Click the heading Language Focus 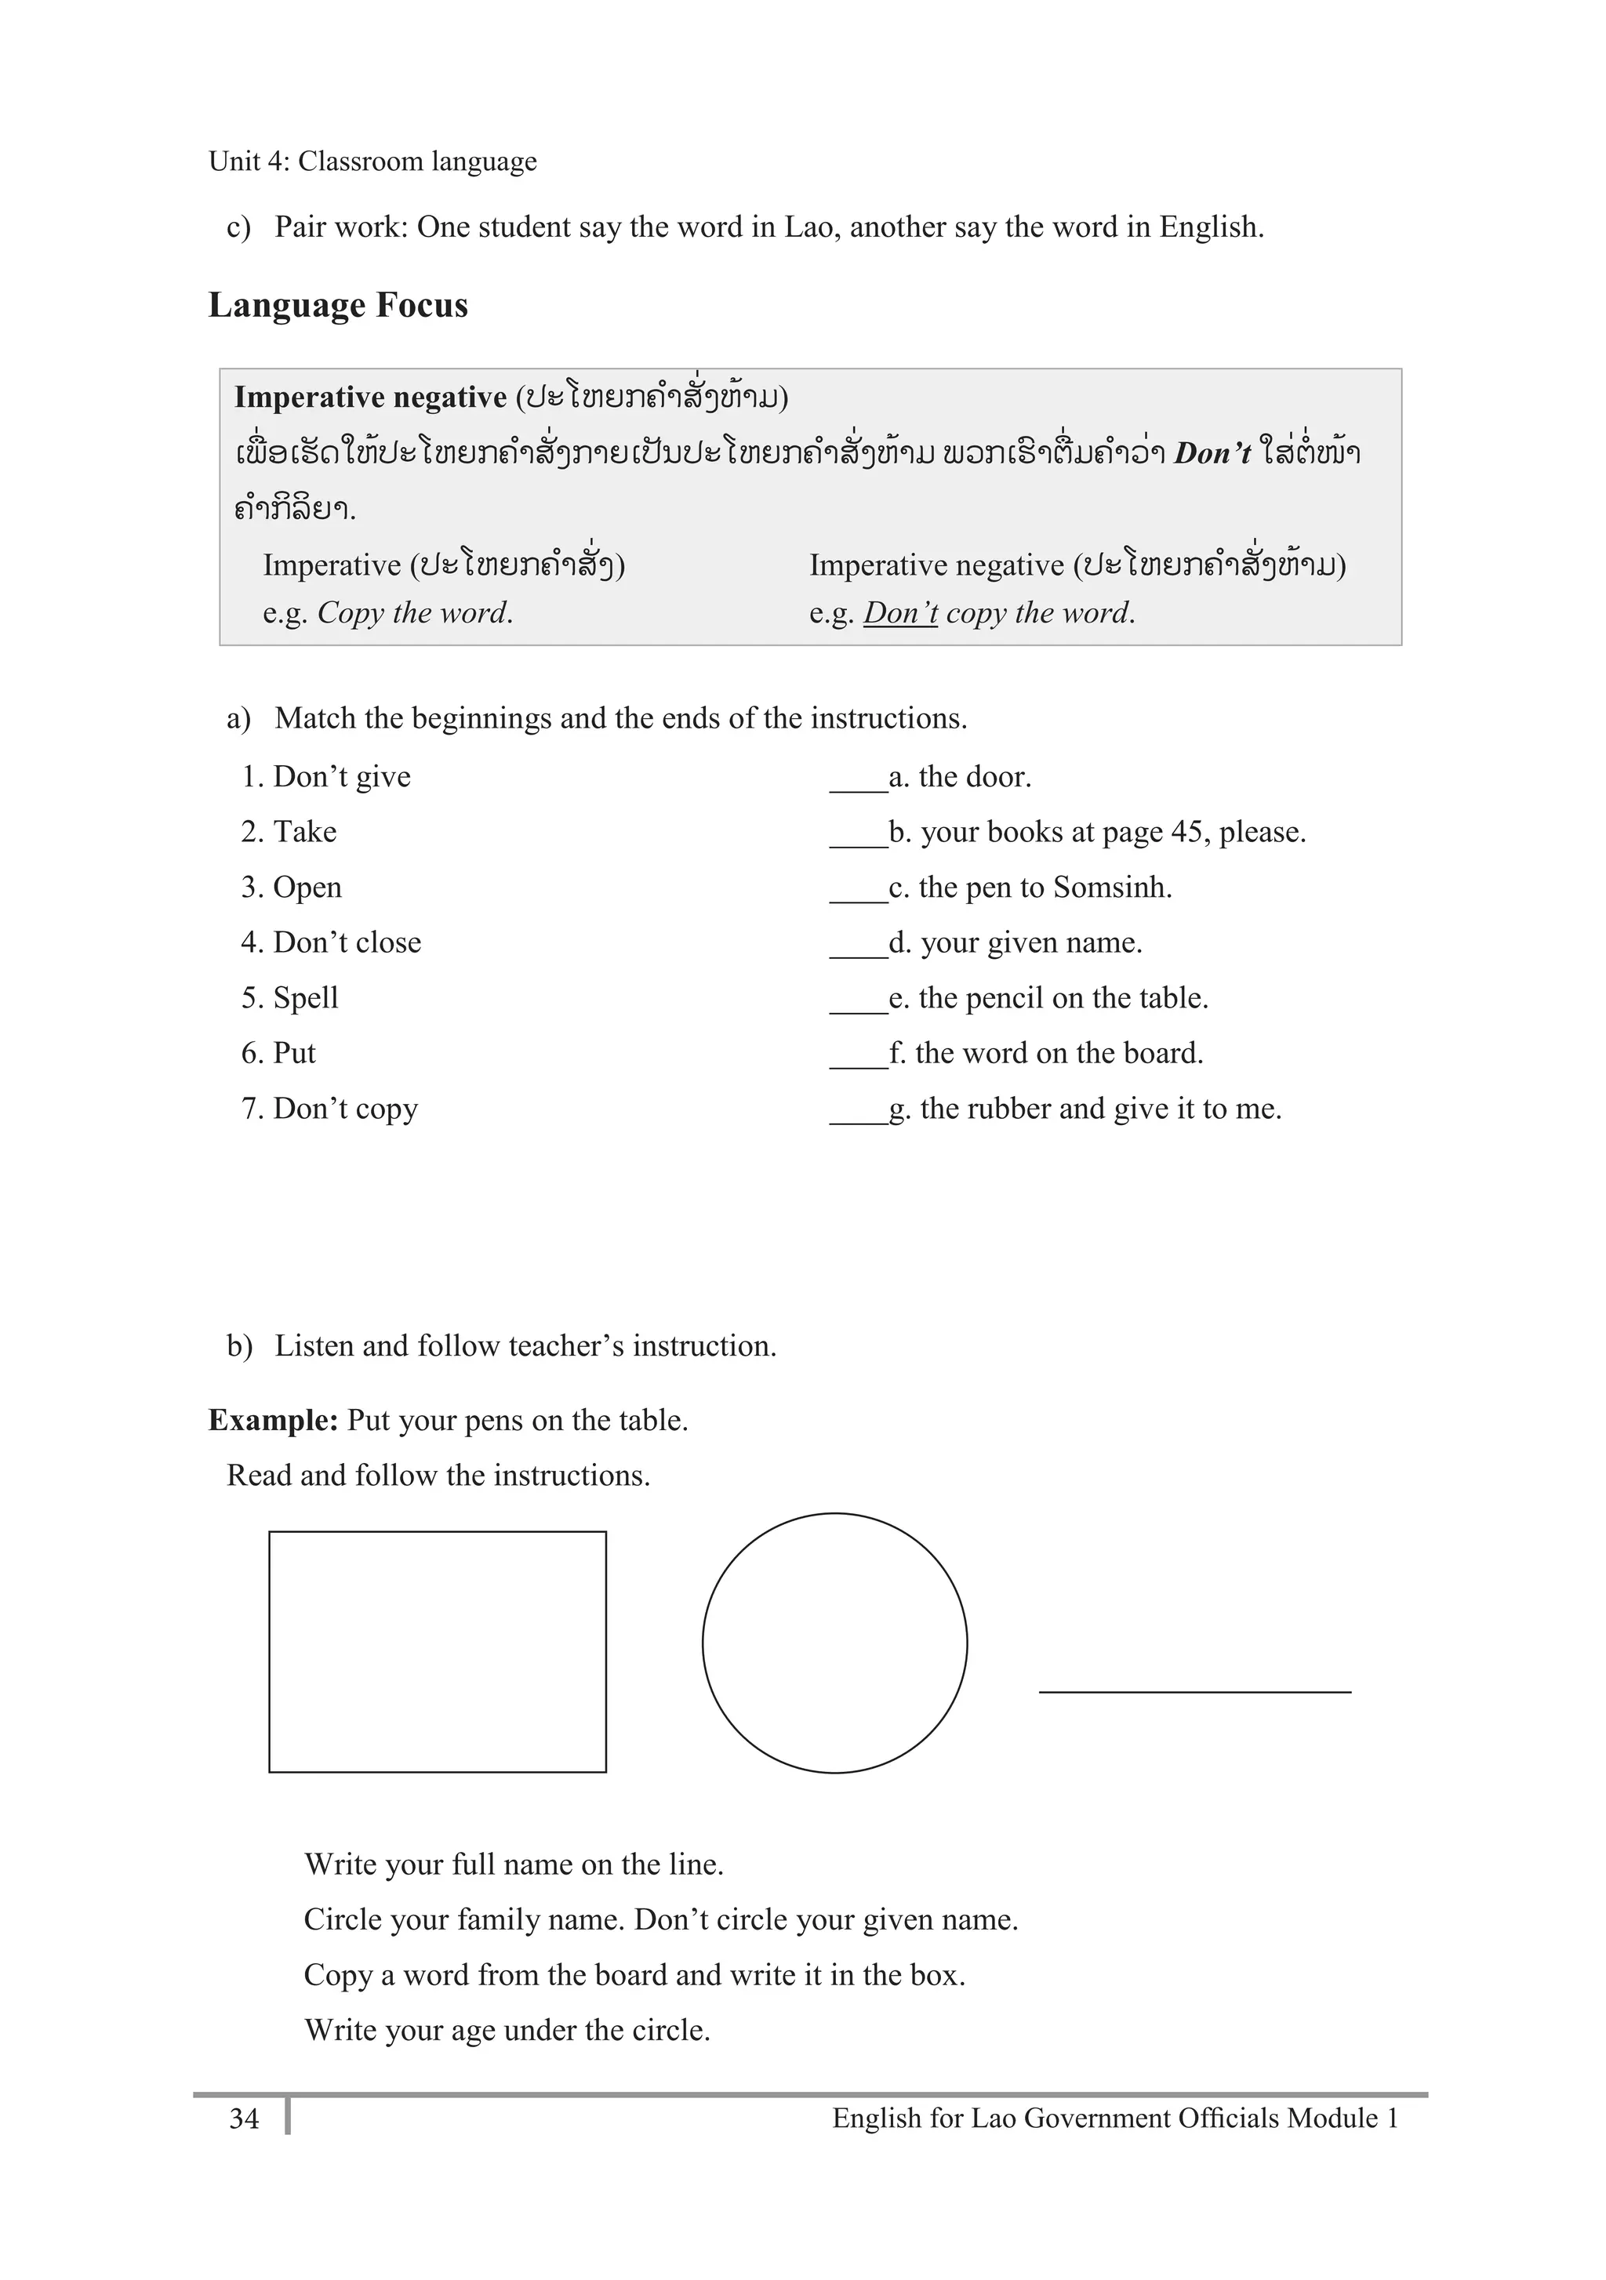click(338, 305)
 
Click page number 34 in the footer click(245, 2119)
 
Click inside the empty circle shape click(834, 1643)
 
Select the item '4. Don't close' click(331, 942)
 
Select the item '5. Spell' click(290, 998)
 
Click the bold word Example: click(273, 1421)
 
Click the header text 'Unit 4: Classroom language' click(372, 161)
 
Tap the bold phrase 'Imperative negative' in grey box click(370, 398)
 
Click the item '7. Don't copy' click(329, 1108)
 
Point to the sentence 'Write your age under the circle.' click(507, 2031)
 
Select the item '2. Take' click(289, 832)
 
